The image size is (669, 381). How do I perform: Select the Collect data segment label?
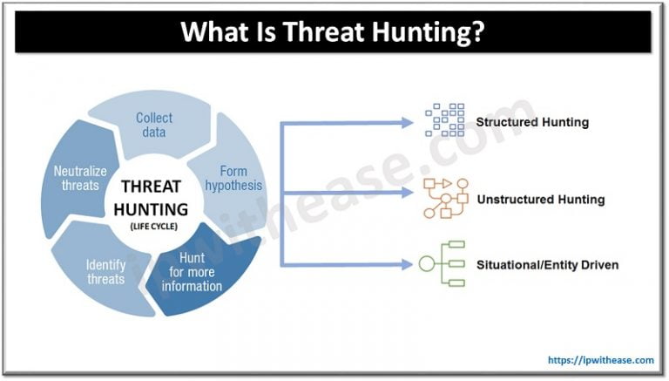point(154,125)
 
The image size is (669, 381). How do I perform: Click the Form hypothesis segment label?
point(233,178)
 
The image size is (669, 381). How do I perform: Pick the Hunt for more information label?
point(192,272)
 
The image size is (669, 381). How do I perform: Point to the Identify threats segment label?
point(105,272)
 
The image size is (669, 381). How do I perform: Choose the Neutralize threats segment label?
point(80,178)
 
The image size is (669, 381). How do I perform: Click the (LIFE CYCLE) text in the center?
point(153,227)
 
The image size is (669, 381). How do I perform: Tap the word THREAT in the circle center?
point(152,187)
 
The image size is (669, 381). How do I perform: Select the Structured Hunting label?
point(532,122)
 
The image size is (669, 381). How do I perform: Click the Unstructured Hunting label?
point(541,200)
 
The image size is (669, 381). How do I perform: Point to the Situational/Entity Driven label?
point(547,265)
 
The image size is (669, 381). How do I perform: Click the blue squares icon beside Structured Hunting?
point(445,120)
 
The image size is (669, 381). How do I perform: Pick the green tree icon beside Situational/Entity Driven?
point(442,263)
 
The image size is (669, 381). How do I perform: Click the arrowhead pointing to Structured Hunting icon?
point(408,123)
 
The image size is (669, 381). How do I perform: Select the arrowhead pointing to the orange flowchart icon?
point(408,193)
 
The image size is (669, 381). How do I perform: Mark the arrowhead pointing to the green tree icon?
point(408,265)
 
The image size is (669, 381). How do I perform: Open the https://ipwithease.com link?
point(601,360)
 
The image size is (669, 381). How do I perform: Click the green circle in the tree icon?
point(427,263)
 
